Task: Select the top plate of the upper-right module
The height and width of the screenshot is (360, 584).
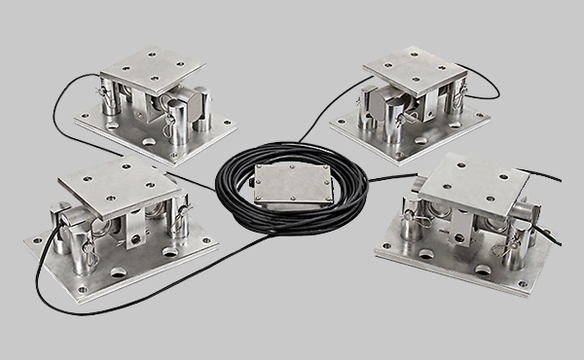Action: (414, 71)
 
